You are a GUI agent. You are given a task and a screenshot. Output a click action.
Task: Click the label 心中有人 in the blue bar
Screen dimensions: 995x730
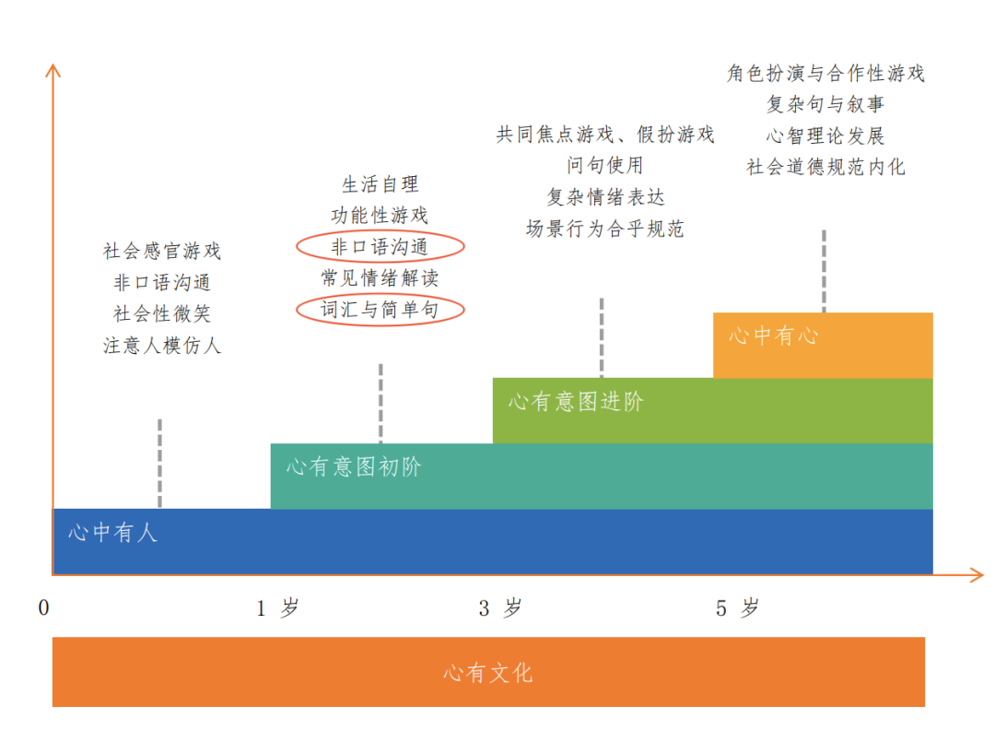pyautogui.click(x=112, y=533)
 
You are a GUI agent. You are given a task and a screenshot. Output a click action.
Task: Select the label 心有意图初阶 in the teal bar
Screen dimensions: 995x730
pyautogui.click(x=354, y=467)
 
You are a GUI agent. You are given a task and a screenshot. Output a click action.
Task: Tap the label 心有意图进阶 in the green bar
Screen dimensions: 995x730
pyautogui.click(x=576, y=402)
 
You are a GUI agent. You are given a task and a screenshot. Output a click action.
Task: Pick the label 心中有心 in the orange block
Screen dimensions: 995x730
pyautogui.click(x=773, y=336)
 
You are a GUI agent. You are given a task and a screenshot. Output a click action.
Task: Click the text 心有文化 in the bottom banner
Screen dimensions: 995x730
pyautogui.click(x=488, y=673)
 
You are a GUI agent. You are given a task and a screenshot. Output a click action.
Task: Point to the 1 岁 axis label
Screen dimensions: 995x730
pyautogui.click(x=277, y=608)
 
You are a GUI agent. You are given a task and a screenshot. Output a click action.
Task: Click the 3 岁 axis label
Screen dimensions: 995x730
pyautogui.click(x=500, y=608)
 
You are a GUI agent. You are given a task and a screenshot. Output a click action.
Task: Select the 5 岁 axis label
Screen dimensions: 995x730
pyautogui.click(x=737, y=608)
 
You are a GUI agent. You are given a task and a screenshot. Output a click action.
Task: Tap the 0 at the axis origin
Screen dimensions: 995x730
pyautogui.click(x=43, y=608)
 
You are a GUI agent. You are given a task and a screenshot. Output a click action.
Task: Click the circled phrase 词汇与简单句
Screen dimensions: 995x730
pyautogui.click(x=380, y=310)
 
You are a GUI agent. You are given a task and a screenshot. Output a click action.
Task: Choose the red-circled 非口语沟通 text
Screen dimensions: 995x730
pyautogui.click(x=380, y=246)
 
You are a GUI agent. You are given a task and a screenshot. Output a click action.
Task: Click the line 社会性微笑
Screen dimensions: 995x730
pyautogui.click(x=162, y=313)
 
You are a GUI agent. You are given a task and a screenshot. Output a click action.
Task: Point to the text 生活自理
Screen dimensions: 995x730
pyautogui.click(x=380, y=184)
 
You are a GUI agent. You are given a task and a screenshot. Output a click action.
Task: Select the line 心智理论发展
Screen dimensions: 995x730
pyautogui.click(x=825, y=135)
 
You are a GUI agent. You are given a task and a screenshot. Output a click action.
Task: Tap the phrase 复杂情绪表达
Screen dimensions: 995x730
pyautogui.click(x=605, y=196)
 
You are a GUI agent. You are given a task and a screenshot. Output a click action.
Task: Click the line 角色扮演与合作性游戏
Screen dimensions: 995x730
pyautogui.click(x=825, y=73)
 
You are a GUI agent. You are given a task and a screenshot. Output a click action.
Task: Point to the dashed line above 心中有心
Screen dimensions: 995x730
pyautogui.click(x=824, y=271)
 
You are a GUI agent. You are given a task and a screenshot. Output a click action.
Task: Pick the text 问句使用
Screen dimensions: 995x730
pyautogui.click(x=605, y=165)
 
